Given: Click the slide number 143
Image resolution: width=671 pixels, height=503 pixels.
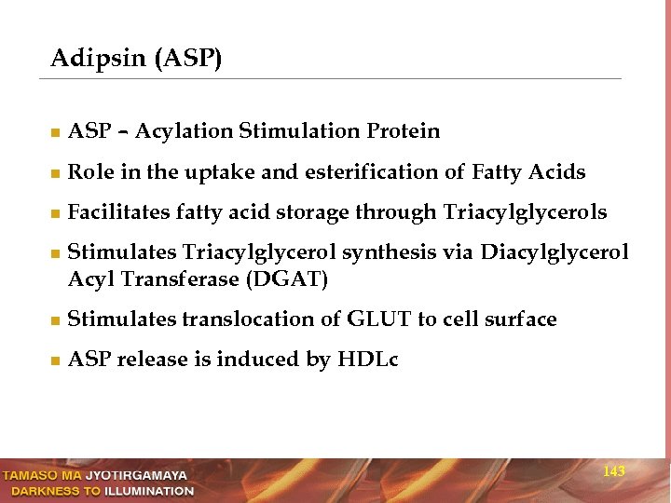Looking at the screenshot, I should coord(614,472).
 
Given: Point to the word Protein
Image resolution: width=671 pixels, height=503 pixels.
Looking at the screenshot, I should coord(404,131).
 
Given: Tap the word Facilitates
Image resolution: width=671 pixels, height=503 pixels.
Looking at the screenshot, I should coord(119,213).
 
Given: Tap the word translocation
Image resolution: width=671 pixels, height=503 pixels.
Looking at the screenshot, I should coord(247,319).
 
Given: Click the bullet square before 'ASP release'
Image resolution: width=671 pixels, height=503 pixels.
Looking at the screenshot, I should coord(55,360).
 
